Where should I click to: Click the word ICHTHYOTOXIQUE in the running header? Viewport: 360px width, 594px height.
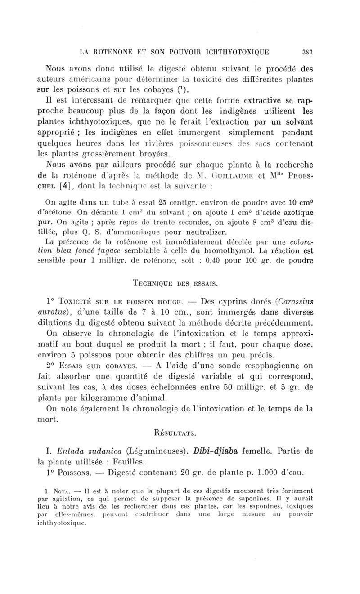pyautogui.click(x=236, y=52)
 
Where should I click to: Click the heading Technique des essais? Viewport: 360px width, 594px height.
pyautogui.click(x=180, y=283)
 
